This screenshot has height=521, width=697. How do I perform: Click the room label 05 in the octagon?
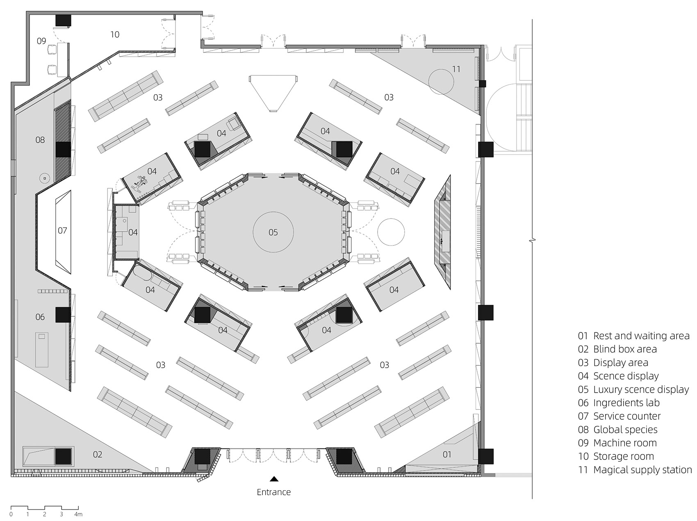pos(273,232)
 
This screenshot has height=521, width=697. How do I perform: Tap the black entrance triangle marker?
pos(274,478)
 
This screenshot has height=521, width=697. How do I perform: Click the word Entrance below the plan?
pos(273,492)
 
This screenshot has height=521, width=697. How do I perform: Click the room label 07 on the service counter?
pos(62,230)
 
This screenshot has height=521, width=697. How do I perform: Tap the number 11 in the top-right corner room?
pos(456,69)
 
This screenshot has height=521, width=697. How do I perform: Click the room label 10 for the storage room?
pos(115,34)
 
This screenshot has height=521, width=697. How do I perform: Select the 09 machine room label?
pos(41,41)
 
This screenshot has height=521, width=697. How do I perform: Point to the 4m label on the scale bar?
pos(78,514)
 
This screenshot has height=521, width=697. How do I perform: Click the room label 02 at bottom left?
pos(97,454)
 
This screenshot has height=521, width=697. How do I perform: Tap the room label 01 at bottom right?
pos(447,454)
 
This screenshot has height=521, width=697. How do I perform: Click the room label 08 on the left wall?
pos(40,140)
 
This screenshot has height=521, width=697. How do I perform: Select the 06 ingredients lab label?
pos(40,317)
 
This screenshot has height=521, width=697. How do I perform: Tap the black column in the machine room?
pos(64,20)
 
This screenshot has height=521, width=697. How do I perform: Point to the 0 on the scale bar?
pos(11,514)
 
